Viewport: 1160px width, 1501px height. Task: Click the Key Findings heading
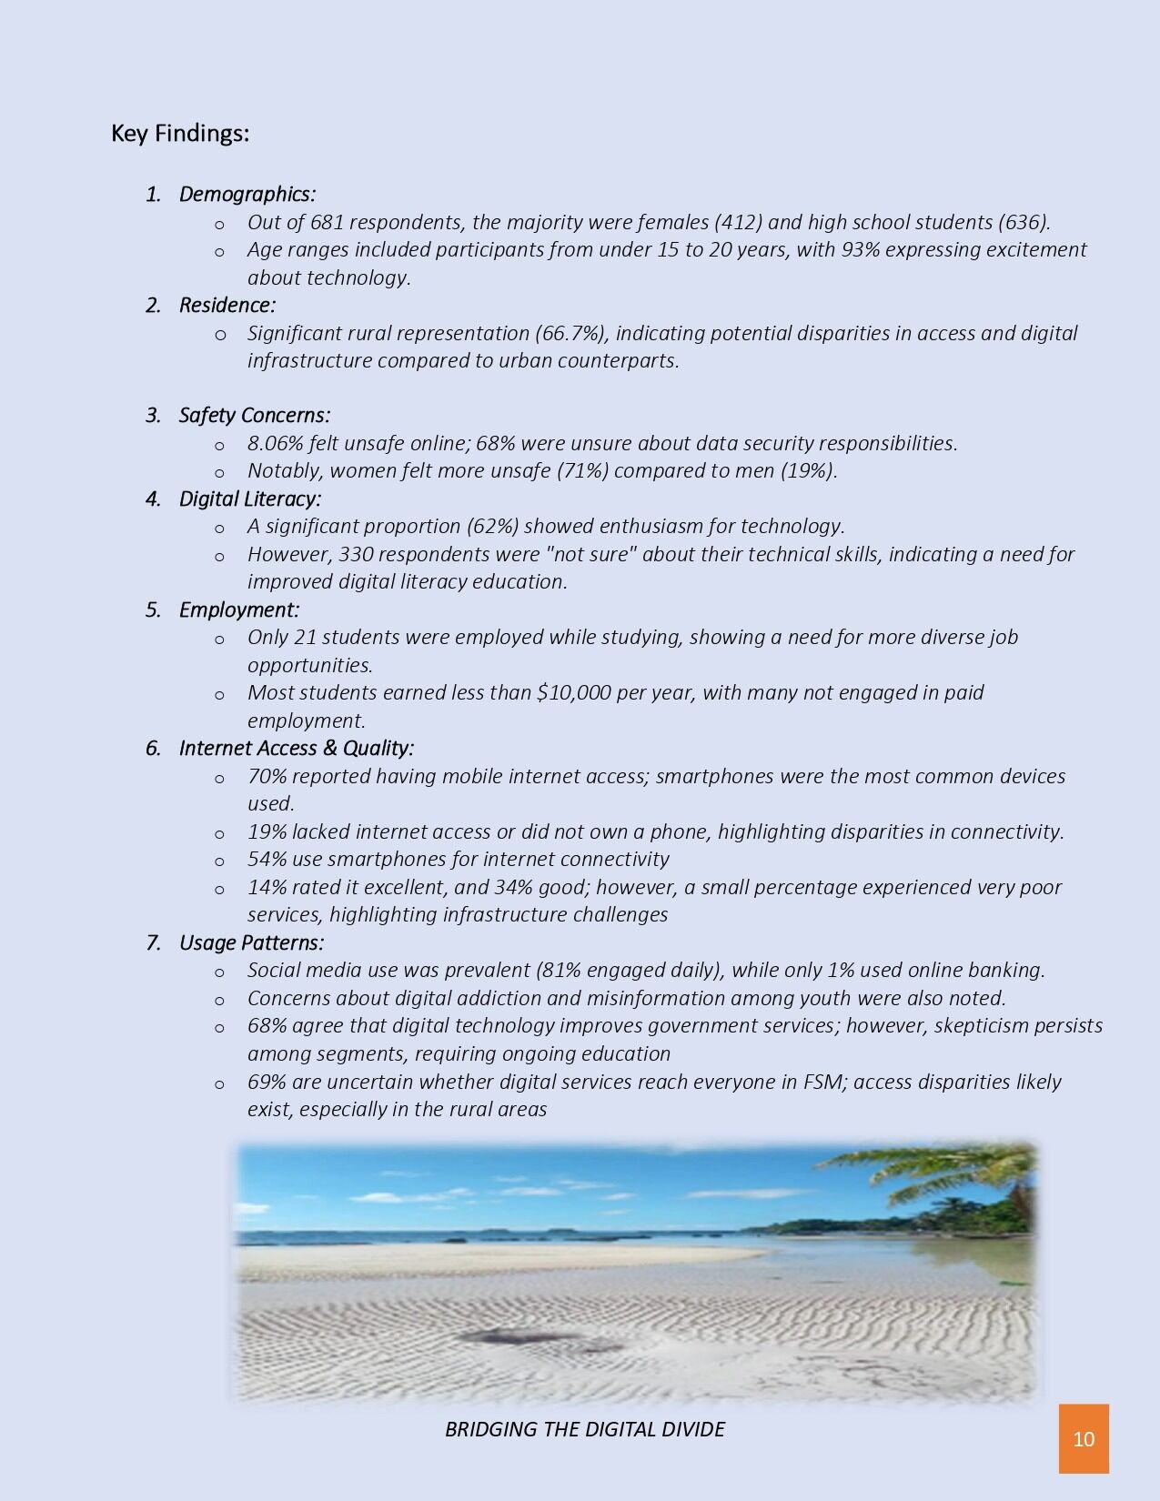(x=180, y=134)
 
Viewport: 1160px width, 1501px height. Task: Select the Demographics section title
(x=247, y=194)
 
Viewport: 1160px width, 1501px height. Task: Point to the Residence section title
(x=227, y=305)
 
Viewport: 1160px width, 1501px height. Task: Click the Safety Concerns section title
(x=254, y=415)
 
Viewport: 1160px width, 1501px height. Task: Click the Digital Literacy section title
(x=249, y=499)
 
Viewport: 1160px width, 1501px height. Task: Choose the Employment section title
(x=238, y=609)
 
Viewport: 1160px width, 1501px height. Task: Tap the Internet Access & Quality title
(x=296, y=748)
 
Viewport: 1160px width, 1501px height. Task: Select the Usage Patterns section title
(x=251, y=942)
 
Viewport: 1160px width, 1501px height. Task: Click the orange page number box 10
(x=1084, y=1438)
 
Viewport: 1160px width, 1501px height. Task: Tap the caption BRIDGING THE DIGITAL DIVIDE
(x=584, y=1429)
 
